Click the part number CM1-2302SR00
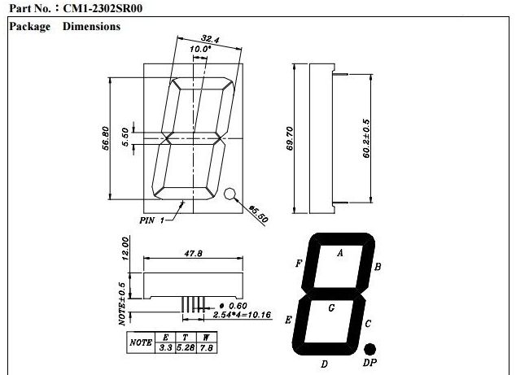pos(103,8)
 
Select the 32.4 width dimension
pos(210,39)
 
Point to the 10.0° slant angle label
pos(200,49)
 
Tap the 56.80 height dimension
pos(106,138)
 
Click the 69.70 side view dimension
pos(290,138)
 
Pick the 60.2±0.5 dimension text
pos(366,138)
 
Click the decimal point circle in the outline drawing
pos(230,194)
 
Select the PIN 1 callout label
pos(151,220)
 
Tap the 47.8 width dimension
pos(194,253)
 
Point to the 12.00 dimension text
pos(125,249)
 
